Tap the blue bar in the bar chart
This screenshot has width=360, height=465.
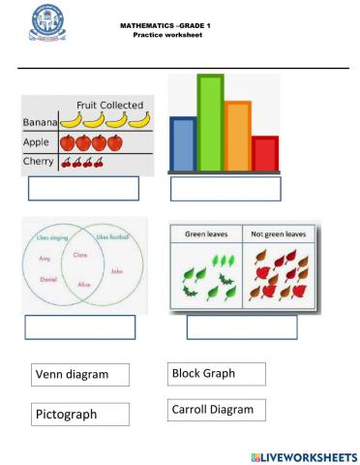[182, 143]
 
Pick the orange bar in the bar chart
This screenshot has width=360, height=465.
[238, 136]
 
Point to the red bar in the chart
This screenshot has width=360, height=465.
[264, 153]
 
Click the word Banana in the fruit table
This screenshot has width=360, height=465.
[39, 123]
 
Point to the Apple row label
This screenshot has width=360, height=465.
[37, 142]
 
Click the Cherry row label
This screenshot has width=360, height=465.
[39, 162]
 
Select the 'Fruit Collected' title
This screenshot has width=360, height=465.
[109, 105]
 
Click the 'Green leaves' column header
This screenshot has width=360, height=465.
[205, 234]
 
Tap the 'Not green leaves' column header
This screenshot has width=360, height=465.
[278, 234]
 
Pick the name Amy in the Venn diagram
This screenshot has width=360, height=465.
[45, 260]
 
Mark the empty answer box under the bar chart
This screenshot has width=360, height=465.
[225, 189]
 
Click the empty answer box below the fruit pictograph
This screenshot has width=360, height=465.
[83, 189]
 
